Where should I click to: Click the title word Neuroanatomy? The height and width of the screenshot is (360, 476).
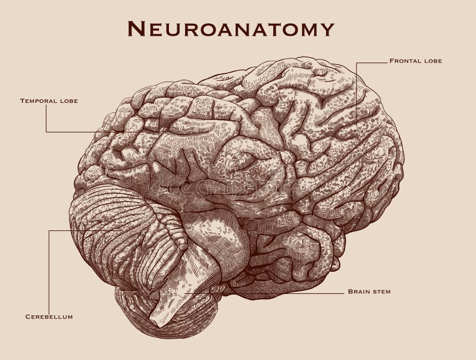tap(231, 28)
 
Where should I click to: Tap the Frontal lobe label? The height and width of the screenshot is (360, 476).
tap(416, 61)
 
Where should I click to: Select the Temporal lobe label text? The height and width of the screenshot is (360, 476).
tap(49, 101)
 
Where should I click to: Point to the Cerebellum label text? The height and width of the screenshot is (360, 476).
tap(49, 317)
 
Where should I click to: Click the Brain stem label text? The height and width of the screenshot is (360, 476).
tap(369, 292)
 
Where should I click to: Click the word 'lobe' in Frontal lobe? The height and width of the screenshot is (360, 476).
tap(433, 61)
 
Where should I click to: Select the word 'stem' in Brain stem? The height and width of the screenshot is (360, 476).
tap(380, 292)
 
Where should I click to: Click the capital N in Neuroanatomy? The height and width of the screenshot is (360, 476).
tap(136, 28)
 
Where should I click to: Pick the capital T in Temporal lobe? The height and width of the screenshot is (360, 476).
tap(23, 101)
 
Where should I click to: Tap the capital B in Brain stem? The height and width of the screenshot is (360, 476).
tap(349, 292)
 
